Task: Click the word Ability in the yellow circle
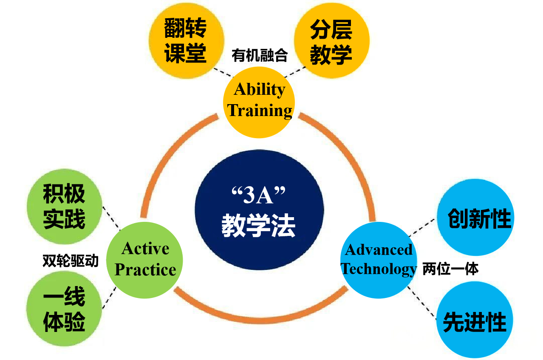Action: click(x=259, y=90)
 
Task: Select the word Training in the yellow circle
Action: click(x=259, y=111)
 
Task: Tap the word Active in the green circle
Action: click(x=145, y=249)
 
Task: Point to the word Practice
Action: click(x=145, y=269)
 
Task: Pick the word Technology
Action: click(x=379, y=269)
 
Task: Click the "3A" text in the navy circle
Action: click(x=258, y=195)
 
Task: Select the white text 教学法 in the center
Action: click(x=258, y=225)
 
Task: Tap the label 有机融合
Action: click(x=260, y=55)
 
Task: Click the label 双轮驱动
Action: click(x=71, y=261)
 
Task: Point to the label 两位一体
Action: click(x=450, y=269)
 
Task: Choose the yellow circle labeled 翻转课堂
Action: click(x=187, y=41)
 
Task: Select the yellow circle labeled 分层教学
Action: click(x=331, y=40)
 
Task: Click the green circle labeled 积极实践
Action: click(x=65, y=206)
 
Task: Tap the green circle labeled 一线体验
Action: click(x=64, y=309)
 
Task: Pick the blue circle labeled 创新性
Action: click(x=475, y=217)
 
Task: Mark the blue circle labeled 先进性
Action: click(x=475, y=320)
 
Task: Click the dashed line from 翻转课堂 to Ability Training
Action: click(x=223, y=72)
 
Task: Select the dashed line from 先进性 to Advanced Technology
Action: click(x=422, y=302)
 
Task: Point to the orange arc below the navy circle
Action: click(x=260, y=320)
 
